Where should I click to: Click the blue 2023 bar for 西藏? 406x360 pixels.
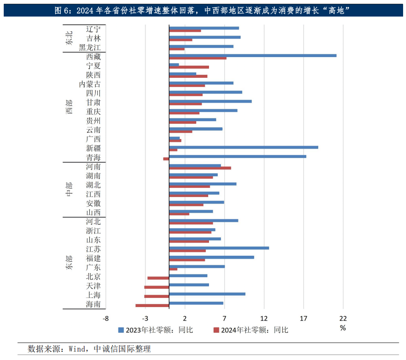click(x=252, y=55)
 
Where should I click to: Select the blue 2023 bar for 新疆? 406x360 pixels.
click(x=243, y=147)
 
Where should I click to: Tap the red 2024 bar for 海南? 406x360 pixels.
click(x=152, y=306)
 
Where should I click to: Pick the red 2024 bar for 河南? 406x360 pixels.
click(x=200, y=168)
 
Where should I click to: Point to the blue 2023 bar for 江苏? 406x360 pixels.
click(x=219, y=248)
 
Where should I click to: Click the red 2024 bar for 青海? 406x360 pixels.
click(x=166, y=159)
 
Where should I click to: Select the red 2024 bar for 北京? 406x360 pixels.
click(x=158, y=278)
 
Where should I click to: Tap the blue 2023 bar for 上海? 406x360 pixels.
click(x=207, y=294)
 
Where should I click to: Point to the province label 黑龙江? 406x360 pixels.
click(x=90, y=48)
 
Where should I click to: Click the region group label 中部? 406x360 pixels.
click(x=69, y=190)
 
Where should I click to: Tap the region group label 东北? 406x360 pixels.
click(x=69, y=38)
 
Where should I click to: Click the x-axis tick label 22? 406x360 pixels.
click(x=343, y=318)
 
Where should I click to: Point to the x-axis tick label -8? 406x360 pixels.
click(x=106, y=318)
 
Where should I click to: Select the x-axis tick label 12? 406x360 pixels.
click(x=264, y=318)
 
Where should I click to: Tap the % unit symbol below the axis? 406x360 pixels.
click(x=343, y=328)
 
